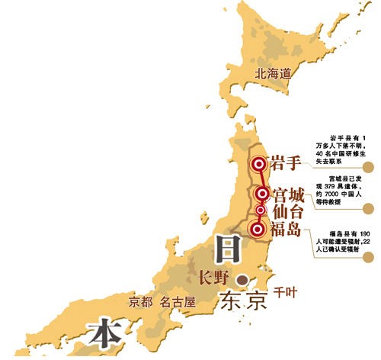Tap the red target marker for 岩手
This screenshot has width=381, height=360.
(259, 163)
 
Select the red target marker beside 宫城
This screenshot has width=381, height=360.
(261, 193)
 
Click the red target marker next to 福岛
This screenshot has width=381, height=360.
(258, 227)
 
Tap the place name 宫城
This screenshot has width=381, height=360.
(289, 193)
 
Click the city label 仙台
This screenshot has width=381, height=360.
(289, 210)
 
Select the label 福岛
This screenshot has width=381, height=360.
(288, 228)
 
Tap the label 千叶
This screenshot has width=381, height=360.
(283, 292)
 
